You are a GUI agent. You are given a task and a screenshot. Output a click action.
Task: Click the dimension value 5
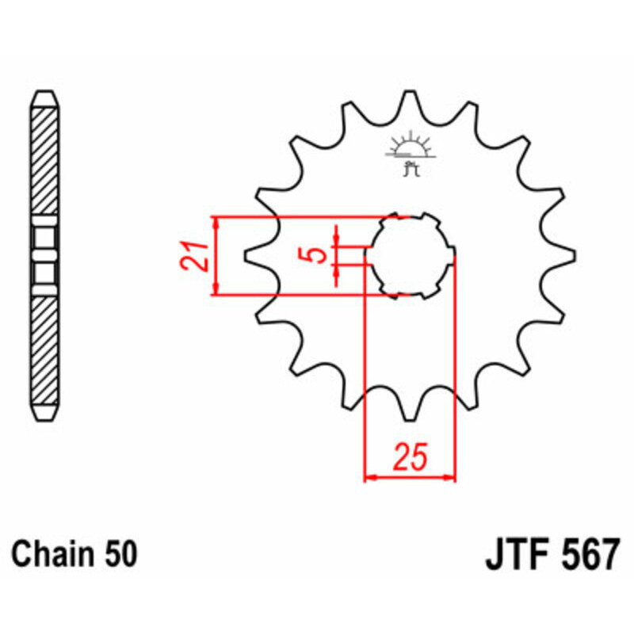point(316,255)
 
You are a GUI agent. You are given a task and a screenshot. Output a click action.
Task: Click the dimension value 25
point(411,457)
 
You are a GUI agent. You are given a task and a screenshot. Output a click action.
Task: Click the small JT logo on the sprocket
point(410,154)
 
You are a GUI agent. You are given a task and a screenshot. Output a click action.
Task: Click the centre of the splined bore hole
point(410,255)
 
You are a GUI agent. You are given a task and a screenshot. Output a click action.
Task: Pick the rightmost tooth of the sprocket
point(567,255)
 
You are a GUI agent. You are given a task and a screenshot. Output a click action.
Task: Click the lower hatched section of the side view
point(44,349)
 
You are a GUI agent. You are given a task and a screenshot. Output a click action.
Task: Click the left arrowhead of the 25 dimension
point(369,478)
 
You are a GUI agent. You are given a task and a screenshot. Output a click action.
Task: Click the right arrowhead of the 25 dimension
point(452,478)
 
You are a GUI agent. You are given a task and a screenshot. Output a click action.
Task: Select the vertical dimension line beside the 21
point(216,255)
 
